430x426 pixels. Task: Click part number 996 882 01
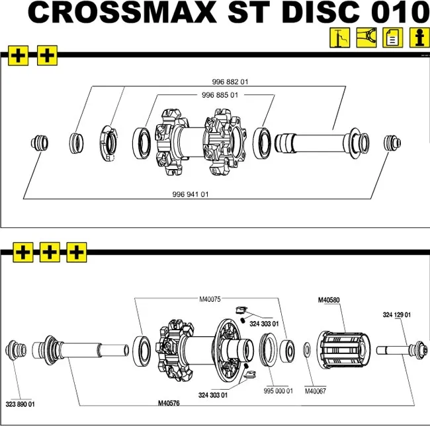tap(230, 82)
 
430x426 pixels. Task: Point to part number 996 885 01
tap(220, 95)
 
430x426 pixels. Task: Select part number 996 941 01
tap(190, 194)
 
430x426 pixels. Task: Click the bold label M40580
tap(329, 300)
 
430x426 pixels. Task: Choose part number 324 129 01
tap(397, 314)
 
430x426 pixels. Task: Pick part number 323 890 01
tap(20, 404)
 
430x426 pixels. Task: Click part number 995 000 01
tap(278, 390)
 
